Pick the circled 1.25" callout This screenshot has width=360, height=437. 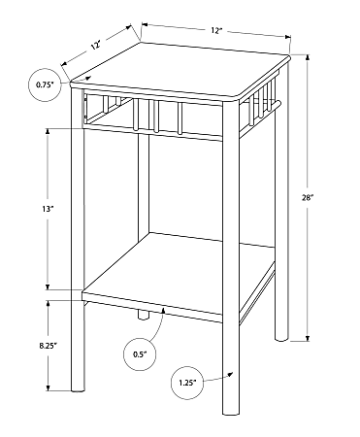186,382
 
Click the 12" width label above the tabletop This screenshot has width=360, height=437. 215,31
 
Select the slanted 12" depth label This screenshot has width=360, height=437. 96,45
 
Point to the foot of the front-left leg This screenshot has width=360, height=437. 78,387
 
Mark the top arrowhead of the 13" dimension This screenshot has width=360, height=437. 46,127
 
